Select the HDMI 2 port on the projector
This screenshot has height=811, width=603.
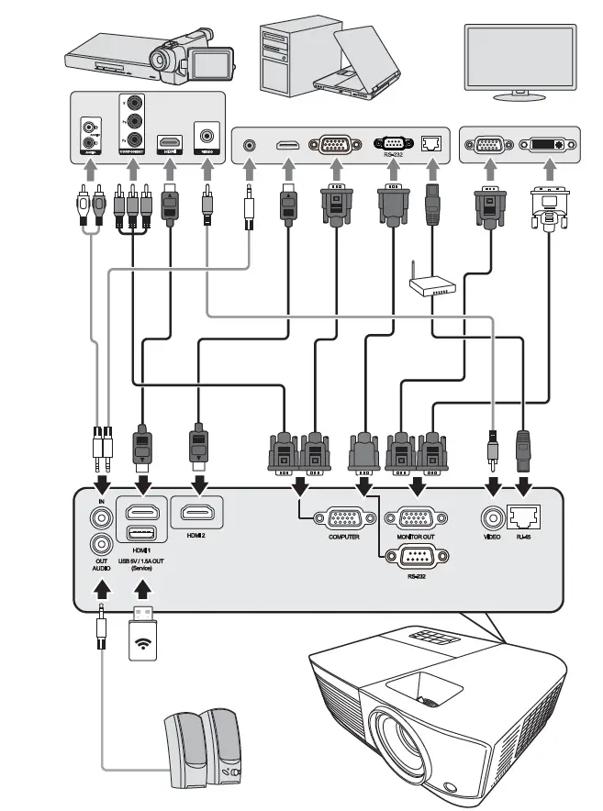[x=195, y=513]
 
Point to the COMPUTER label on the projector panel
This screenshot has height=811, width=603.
[x=343, y=537]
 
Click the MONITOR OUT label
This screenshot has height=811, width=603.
[x=416, y=537]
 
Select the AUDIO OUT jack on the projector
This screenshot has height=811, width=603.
[x=100, y=544]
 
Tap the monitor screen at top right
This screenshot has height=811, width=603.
[x=519, y=55]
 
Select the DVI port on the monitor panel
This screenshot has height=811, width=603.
[x=547, y=145]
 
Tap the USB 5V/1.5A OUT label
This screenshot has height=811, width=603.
[x=142, y=560]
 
